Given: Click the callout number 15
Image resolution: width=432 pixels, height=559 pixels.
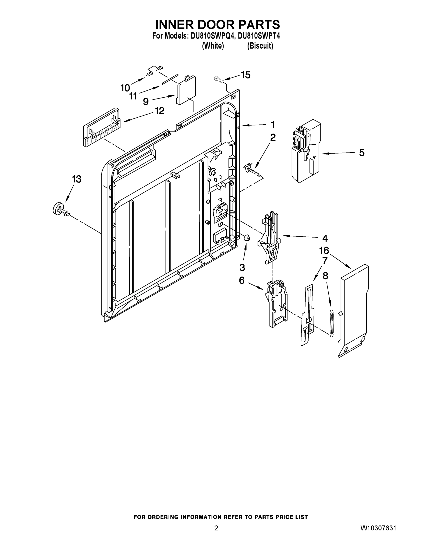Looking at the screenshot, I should (245, 75).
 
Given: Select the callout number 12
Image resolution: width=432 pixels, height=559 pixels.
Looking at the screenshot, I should (159, 111).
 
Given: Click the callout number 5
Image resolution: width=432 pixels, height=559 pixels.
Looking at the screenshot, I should (362, 153).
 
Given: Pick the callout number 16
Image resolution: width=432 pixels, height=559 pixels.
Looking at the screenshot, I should (324, 251).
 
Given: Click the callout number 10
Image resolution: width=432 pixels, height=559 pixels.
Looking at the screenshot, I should (125, 88).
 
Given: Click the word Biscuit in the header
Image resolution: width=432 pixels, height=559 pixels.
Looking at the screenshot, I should (260, 46).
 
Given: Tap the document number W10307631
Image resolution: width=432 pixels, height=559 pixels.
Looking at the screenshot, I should (378, 528).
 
